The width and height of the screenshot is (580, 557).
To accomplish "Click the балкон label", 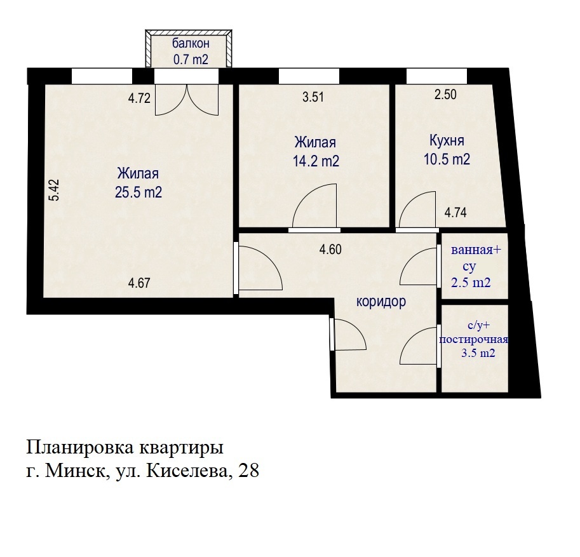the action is click(191, 44).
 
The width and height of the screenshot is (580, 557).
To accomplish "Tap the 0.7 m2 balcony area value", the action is click(191, 60).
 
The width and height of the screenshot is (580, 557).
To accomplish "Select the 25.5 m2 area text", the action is click(138, 192).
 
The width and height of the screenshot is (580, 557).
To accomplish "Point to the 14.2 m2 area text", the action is click(316, 161).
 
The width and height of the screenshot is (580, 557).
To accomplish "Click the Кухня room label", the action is click(447, 141).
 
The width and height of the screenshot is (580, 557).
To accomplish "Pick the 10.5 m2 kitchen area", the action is click(447, 159).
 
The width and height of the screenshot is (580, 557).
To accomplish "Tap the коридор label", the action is click(381, 302).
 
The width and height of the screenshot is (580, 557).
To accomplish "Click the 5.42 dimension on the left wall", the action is click(55, 190).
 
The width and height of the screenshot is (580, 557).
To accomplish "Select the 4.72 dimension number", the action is click(139, 98).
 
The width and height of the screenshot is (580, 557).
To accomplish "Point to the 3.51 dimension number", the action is click(313, 97).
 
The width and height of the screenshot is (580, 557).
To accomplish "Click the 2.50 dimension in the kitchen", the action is click(445, 95).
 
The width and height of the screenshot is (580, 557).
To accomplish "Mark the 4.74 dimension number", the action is click(455, 213).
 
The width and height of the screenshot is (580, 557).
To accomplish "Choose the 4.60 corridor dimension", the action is click(330, 249).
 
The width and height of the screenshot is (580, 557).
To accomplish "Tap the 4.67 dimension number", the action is click(139, 283).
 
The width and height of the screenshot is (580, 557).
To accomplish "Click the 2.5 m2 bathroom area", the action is click(471, 283).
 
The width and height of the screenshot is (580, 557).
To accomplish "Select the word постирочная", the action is click(473, 340).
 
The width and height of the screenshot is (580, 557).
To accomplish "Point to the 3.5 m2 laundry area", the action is click(478, 353).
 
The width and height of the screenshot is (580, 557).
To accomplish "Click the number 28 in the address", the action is click(248, 471).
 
